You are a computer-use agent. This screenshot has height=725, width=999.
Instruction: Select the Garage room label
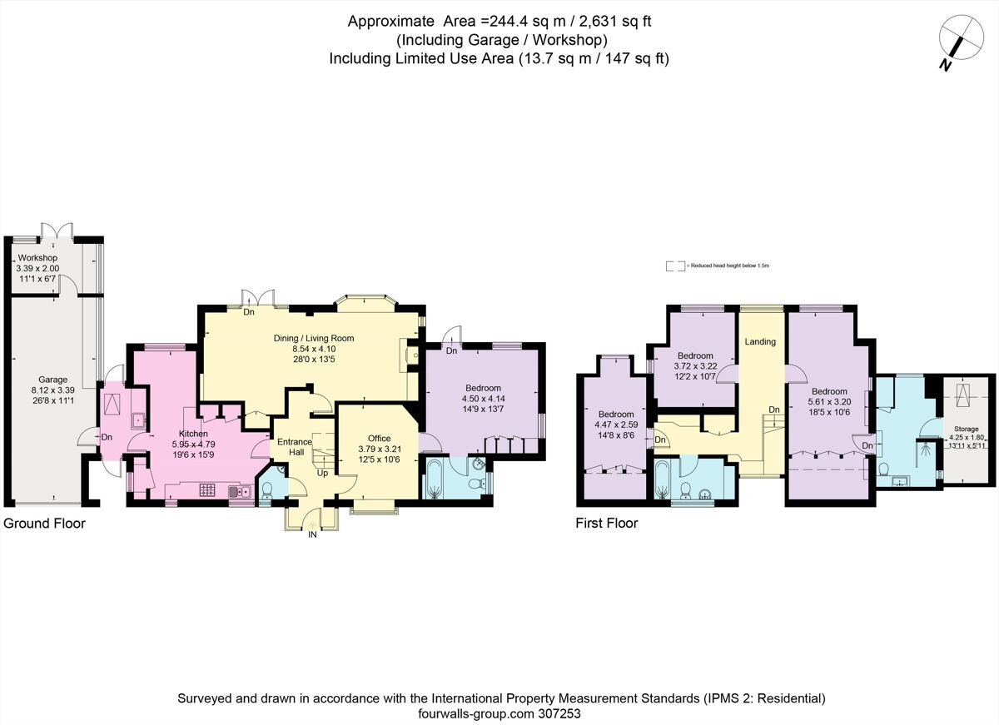[x=52, y=380]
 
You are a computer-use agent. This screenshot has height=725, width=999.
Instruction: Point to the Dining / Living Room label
[x=314, y=338]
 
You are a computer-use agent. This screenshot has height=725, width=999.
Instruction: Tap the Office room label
[x=379, y=438]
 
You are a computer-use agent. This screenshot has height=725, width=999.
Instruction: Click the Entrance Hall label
[x=294, y=447]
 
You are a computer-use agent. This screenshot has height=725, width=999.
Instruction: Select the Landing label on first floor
[x=760, y=341]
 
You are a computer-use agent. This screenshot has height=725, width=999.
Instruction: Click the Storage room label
[x=966, y=429]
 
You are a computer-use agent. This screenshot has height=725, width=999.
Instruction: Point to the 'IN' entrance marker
[x=312, y=535]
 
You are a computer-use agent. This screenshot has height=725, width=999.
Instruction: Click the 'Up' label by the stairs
[x=321, y=473]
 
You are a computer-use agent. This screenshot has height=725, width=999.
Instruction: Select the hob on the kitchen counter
[x=207, y=491]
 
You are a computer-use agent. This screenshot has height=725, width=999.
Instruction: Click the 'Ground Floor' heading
[x=44, y=524]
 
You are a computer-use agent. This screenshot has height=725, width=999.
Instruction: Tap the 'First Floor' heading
[x=607, y=524]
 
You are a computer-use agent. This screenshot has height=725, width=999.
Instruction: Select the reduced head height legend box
[x=674, y=266]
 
